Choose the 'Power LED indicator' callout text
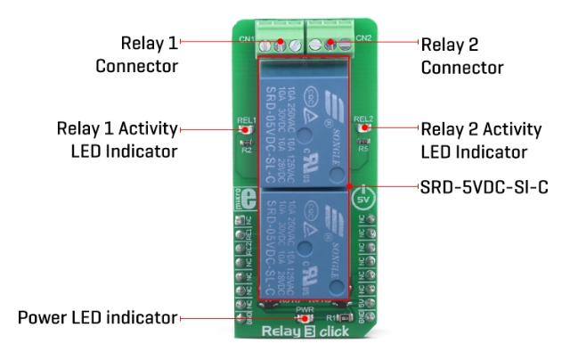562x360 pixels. pyautogui.click(x=99, y=316)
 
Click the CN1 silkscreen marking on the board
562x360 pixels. pyautogui.click(x=248, y=40)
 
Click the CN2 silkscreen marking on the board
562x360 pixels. pyautogui.click(x=362, y=39)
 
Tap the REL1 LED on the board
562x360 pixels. pyautogui.click(x=243, y=129)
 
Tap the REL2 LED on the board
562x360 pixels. pyautogui.click(x=363, y=129)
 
